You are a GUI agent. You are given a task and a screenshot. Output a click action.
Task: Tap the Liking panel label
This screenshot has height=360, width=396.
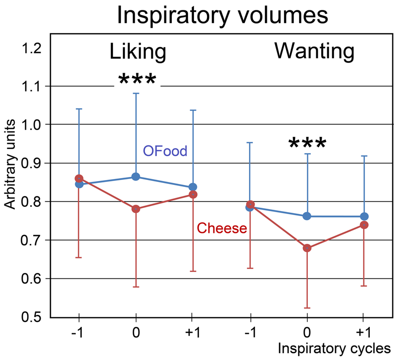pos(138,52)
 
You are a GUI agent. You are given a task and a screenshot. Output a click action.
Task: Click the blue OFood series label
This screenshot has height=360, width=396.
pos(165,151)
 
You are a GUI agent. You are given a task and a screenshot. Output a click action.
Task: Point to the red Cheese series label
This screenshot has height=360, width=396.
pos(222,228)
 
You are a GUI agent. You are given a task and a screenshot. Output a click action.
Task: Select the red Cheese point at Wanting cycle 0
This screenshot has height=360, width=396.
pos(307,248)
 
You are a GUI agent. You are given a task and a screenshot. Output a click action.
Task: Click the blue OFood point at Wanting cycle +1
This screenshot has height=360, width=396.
pos(365,216)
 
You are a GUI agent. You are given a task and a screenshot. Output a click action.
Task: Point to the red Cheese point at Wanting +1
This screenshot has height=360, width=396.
pos(365,225)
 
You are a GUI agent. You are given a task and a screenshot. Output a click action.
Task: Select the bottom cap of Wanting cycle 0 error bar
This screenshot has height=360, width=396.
pos(307,308)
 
